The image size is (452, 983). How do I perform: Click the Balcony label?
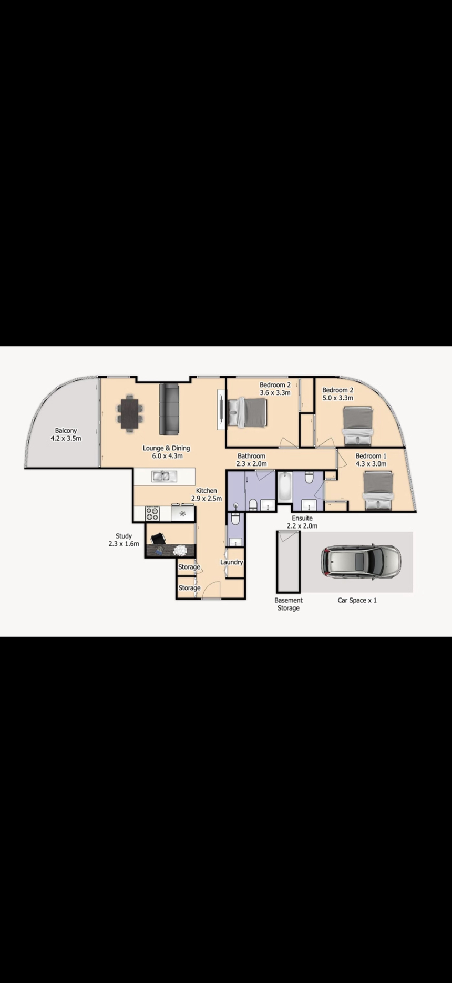pyautogui.click(x=66, y=431)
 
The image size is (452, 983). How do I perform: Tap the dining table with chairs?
pyautogui.click(x=129, y=413)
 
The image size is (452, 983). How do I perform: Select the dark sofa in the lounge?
pyautogui.click(x=169, y=409)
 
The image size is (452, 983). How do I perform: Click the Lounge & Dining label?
pyautogui.click(x=166, y=448)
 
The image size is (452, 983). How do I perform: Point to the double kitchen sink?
pyautogui.click(x=164, y=477)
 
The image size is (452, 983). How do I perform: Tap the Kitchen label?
pyautogui.click(x=206, y=491)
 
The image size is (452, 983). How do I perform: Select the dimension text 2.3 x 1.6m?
pyautogui.click(x=124, y=544)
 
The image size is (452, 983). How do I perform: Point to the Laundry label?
pyautogui.click(x=231, y=562)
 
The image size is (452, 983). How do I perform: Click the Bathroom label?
pyautogui.click(x=251, y=456)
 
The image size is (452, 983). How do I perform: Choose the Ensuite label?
pyautogui.click(x=302, y=518)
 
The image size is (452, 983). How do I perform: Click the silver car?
pyautogui.click(x=361, y=561)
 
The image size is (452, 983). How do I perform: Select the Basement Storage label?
pyautogui.click(x=289, y=604)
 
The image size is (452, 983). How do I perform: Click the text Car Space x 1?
pyautogui.click(x=357, y=600)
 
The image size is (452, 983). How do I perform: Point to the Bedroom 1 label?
pyautogui.click(x=371, y=456)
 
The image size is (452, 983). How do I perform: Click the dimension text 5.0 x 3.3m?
pyautogui.click(x=337, y=398)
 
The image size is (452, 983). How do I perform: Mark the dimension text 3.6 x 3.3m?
pyautogui.click(x=275, y=393)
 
